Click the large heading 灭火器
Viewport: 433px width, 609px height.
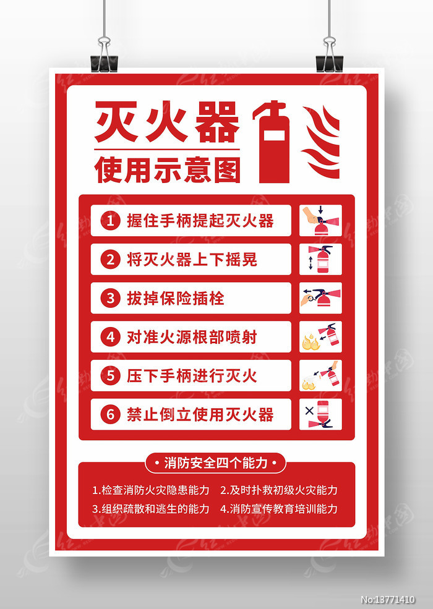tap(167, 122)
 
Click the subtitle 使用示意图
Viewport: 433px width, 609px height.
tap(167, 170)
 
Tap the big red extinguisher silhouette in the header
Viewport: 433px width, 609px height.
tap(272, 142)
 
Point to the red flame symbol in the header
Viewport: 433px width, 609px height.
tap(321, 142)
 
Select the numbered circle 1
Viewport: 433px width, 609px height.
tap(110, 221)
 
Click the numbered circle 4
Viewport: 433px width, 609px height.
tap(110, 337)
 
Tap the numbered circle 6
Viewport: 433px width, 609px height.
tap(110, 414)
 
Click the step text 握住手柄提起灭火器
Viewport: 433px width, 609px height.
tap(200, 221)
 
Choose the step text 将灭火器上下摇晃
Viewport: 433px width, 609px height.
tap(192, 260)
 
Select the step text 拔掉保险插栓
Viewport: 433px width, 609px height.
tap(176, 298)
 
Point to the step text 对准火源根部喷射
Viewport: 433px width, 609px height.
tap(192, 337)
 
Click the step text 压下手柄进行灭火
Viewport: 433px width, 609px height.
tap(192, 375)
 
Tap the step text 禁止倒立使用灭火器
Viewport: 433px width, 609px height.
tap(200, 414)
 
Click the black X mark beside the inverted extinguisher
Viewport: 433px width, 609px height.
tap(309, 411)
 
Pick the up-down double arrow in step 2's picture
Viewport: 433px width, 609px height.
tap(311, 263)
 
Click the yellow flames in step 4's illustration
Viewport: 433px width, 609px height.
tap(311, 343)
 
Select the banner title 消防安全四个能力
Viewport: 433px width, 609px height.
tap(216, 463)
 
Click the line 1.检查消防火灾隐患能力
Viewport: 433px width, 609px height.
tap(151, 490)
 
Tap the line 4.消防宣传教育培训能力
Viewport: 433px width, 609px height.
tap(279, 509)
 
